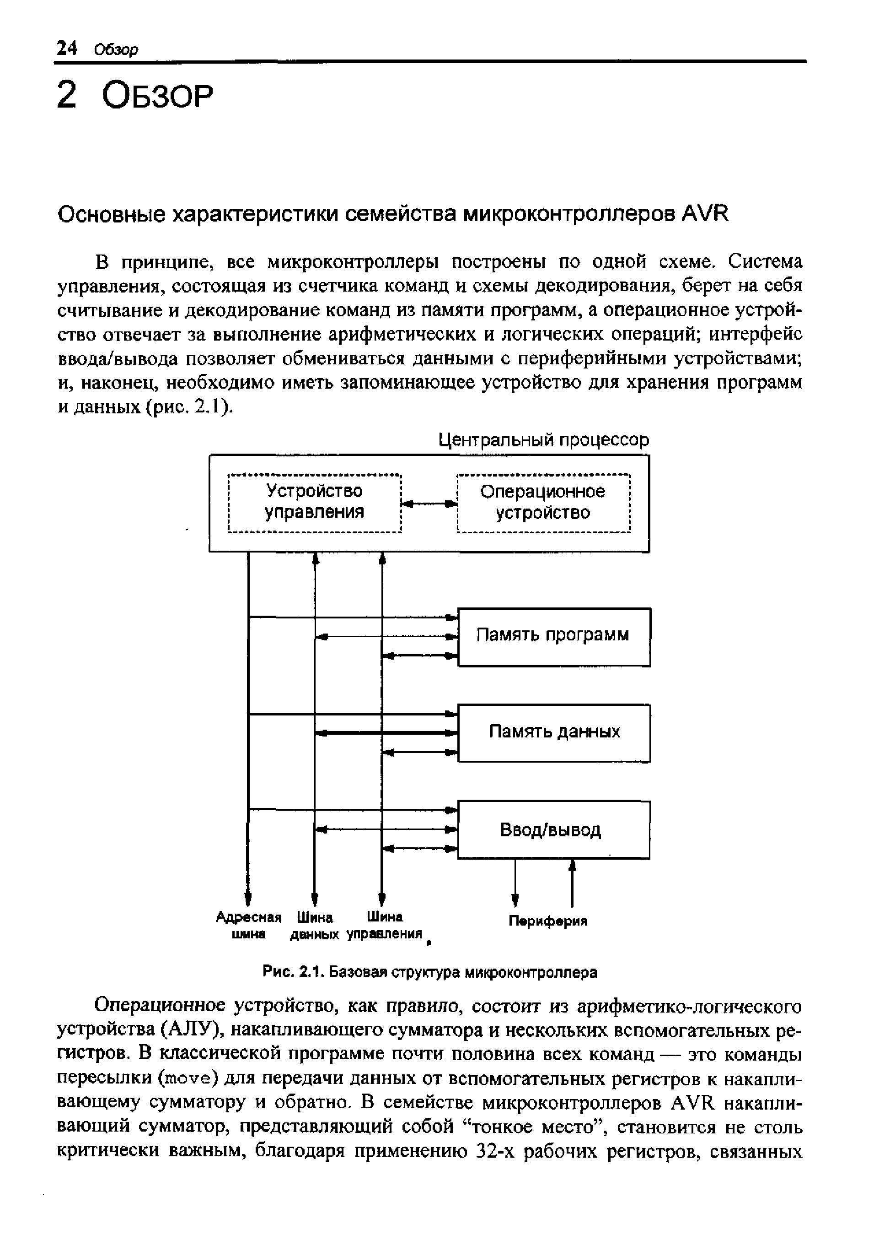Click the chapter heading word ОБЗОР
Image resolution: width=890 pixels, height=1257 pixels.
157,97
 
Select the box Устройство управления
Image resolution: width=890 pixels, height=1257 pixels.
314,501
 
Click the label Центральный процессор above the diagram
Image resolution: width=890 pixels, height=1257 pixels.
544,440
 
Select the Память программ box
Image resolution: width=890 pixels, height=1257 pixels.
553,637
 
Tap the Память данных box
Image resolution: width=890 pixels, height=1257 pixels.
553,733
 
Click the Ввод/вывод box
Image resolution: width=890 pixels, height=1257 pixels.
553,829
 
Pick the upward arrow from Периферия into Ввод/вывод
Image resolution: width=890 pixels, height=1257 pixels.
572,882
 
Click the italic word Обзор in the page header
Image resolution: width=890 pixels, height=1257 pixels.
116,50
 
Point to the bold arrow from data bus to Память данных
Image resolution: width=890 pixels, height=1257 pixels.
387,733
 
